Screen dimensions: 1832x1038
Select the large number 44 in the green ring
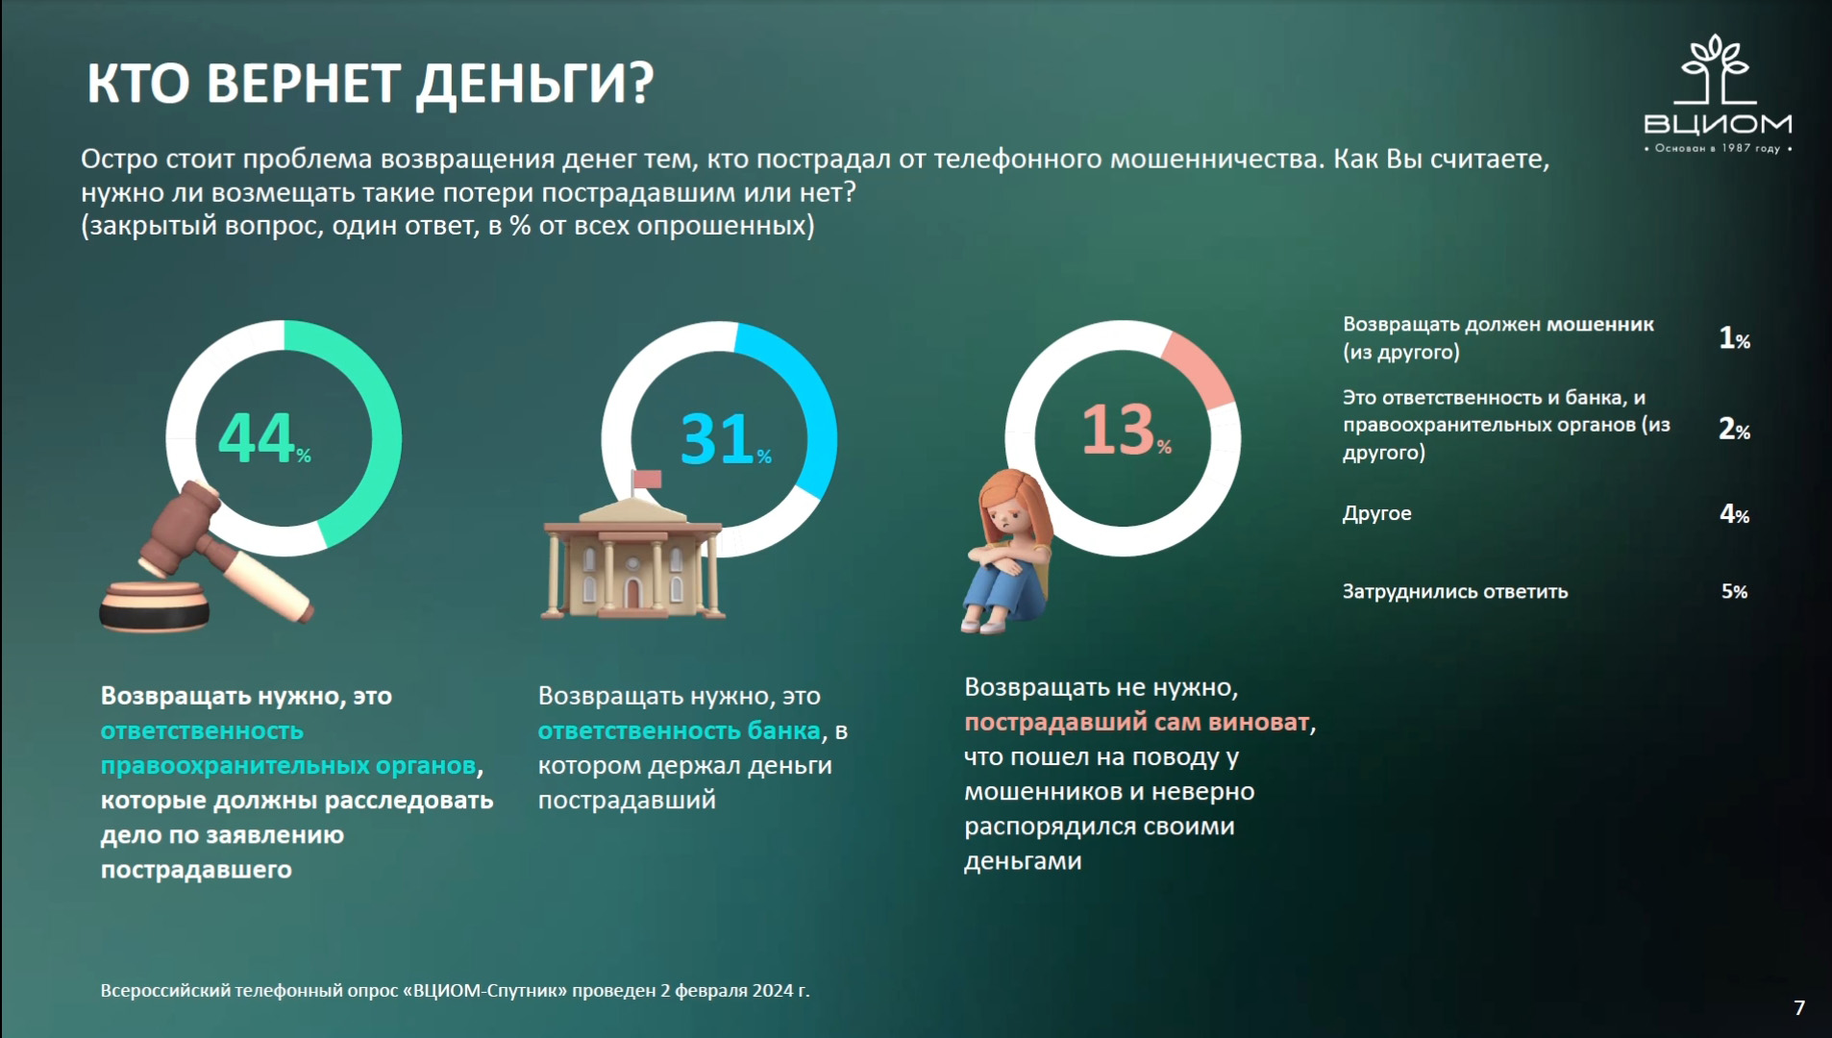click(x=257, y=438)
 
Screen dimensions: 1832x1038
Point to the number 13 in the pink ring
click(x=1118, y=430)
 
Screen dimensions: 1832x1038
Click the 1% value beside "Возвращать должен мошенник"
click(x=1734, y=338)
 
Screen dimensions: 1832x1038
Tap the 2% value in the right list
click(x=1734, y=429)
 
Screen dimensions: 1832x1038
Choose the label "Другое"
click(x=1376, y=514)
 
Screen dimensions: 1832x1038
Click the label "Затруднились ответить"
click(x=1455, y=591)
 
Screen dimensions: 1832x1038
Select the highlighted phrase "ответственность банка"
click(x=679, y=730)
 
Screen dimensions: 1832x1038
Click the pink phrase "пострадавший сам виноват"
click(x=1137, y=722)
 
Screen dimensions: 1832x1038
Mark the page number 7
click(x=1799, y=1007)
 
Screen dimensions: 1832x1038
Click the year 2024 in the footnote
click(x=773, y=990)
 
